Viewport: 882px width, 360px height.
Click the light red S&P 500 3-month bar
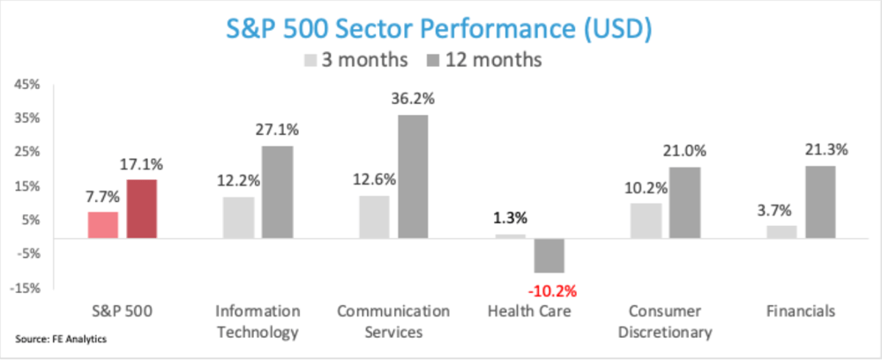coord(102,225)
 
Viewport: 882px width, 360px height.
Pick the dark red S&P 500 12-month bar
coord(142,209)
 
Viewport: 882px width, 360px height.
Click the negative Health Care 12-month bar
coord(549,255)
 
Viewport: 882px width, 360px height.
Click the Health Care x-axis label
coord(529,311)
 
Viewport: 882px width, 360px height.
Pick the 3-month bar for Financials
coord(781,231)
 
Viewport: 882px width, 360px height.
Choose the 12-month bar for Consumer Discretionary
coord(684,203)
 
